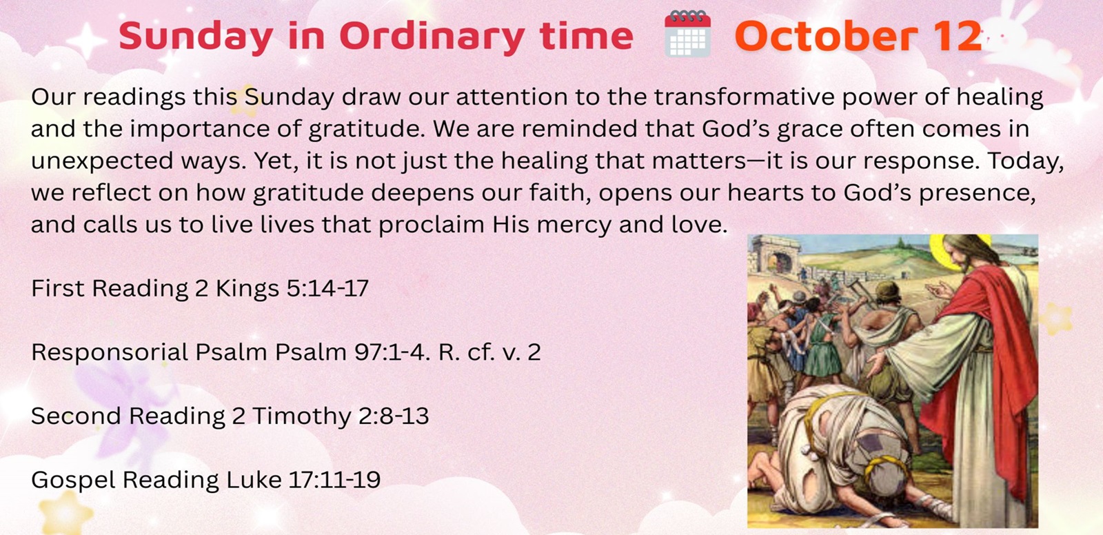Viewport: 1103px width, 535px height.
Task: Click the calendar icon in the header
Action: [x=687, y=34]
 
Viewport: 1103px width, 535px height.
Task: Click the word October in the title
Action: [x=827, y=36]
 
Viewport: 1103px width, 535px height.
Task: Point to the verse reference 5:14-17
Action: [x=327, y=287]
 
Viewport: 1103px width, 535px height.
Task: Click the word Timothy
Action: [x=302, y=416]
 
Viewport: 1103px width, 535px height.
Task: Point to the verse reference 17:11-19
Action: [x=334, y=479]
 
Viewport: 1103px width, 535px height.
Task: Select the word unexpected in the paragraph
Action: [x=102, y=161]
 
